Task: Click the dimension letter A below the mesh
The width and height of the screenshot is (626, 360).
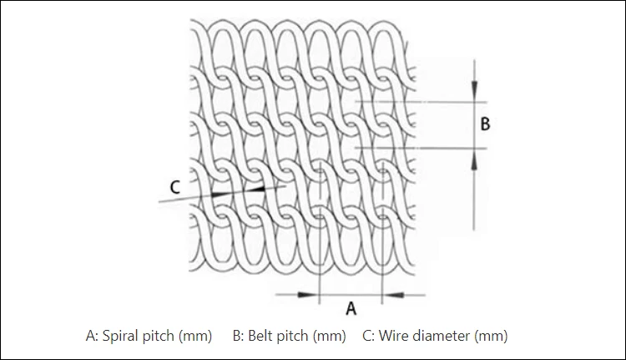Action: click(x=351, y=308)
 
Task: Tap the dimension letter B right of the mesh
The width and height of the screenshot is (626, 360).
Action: click(x=485, y=124)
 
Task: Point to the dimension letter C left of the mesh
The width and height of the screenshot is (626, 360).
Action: click(x=174, y=188)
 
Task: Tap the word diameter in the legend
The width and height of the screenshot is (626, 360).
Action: click(x=442, y=336)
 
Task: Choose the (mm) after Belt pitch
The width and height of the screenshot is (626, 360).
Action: click(x=329, y=336)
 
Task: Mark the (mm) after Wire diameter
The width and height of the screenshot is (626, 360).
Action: click(x=491, y=336)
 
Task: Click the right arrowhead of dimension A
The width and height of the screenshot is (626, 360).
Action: click(x=389, y=293)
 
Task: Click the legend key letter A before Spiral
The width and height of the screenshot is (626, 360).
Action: click(x=91, y=336)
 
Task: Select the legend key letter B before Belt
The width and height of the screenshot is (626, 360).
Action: click(x=237, y=336)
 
